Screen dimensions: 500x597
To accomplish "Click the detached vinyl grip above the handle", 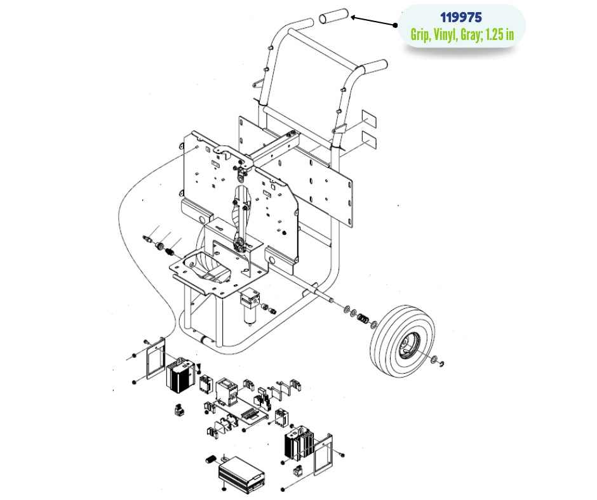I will click(x=334, y=16).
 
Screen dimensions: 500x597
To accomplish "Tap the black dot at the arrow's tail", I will click(x=395, y=25).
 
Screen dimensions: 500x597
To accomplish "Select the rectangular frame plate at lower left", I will click(x=154, y=360).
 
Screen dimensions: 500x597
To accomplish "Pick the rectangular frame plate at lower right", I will click(x=323, y=453).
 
